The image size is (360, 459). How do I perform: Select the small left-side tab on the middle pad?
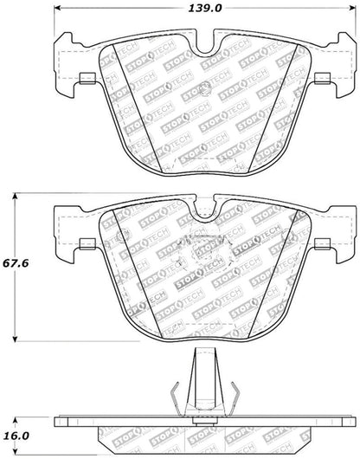tap(85, 242)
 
